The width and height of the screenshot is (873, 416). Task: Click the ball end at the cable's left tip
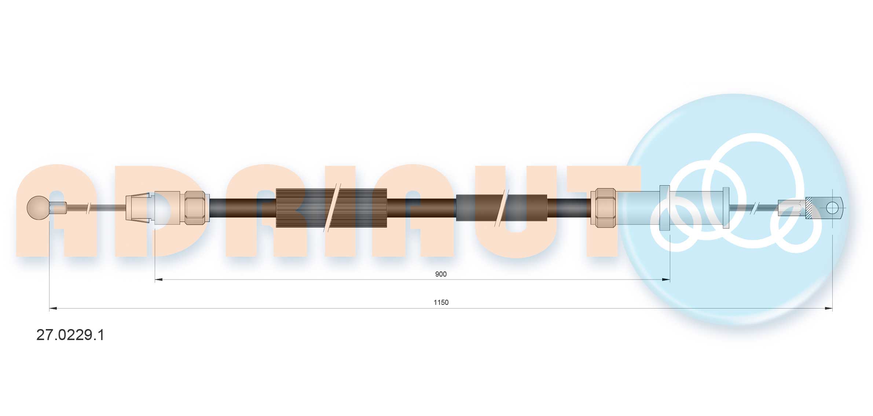coord(38,208)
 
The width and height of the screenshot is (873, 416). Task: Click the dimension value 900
coord(440,274)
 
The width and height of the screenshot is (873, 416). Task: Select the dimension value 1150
coord(441,302)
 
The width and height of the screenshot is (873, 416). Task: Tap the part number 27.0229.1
coord(70,335)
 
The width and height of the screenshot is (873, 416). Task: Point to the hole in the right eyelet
coord(832,208)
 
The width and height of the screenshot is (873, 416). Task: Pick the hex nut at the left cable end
coord(195,208)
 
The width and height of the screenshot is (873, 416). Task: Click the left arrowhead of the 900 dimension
coord(159,280)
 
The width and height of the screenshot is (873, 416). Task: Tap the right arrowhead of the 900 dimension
coord(666,280)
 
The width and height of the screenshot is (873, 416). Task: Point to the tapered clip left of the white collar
coord(138,208)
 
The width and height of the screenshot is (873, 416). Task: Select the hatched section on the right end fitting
coord(809,208)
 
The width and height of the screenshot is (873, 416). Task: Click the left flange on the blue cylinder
coord(664,208)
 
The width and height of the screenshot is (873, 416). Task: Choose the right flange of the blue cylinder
coord(726,208)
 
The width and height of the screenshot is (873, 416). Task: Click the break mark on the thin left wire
coord(88,208)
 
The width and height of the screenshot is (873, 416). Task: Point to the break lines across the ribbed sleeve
coord(333,208)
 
